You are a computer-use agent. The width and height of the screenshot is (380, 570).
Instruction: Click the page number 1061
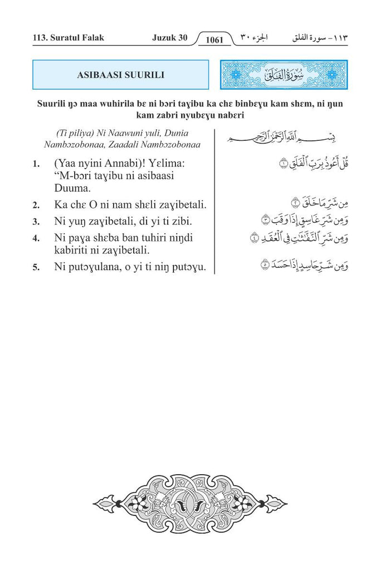214,40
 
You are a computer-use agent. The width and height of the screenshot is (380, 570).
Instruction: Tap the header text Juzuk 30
169,38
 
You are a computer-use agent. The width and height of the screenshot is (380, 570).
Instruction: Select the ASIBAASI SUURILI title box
120,75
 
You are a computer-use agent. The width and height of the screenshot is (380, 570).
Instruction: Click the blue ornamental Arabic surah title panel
284,75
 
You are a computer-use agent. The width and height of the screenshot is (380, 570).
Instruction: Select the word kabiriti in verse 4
74,250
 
